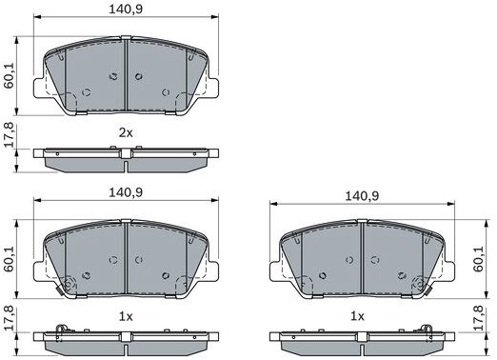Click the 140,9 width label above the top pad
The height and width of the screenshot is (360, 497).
coord(126,10)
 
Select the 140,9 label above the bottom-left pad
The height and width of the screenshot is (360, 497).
coord(126,192)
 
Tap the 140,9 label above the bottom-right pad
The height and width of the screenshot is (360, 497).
coord(362,196)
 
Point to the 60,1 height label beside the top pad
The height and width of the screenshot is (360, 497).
coord(9,75)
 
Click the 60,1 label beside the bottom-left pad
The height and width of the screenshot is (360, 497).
coord(9,258)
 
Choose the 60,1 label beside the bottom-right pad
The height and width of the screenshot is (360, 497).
coord(479,258)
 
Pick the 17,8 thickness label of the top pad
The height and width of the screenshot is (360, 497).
coord(9,134)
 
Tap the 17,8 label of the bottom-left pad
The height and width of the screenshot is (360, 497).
coord(9,318)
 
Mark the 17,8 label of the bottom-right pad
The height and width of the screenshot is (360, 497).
coord(479,318)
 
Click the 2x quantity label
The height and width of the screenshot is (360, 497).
coord(126,132)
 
